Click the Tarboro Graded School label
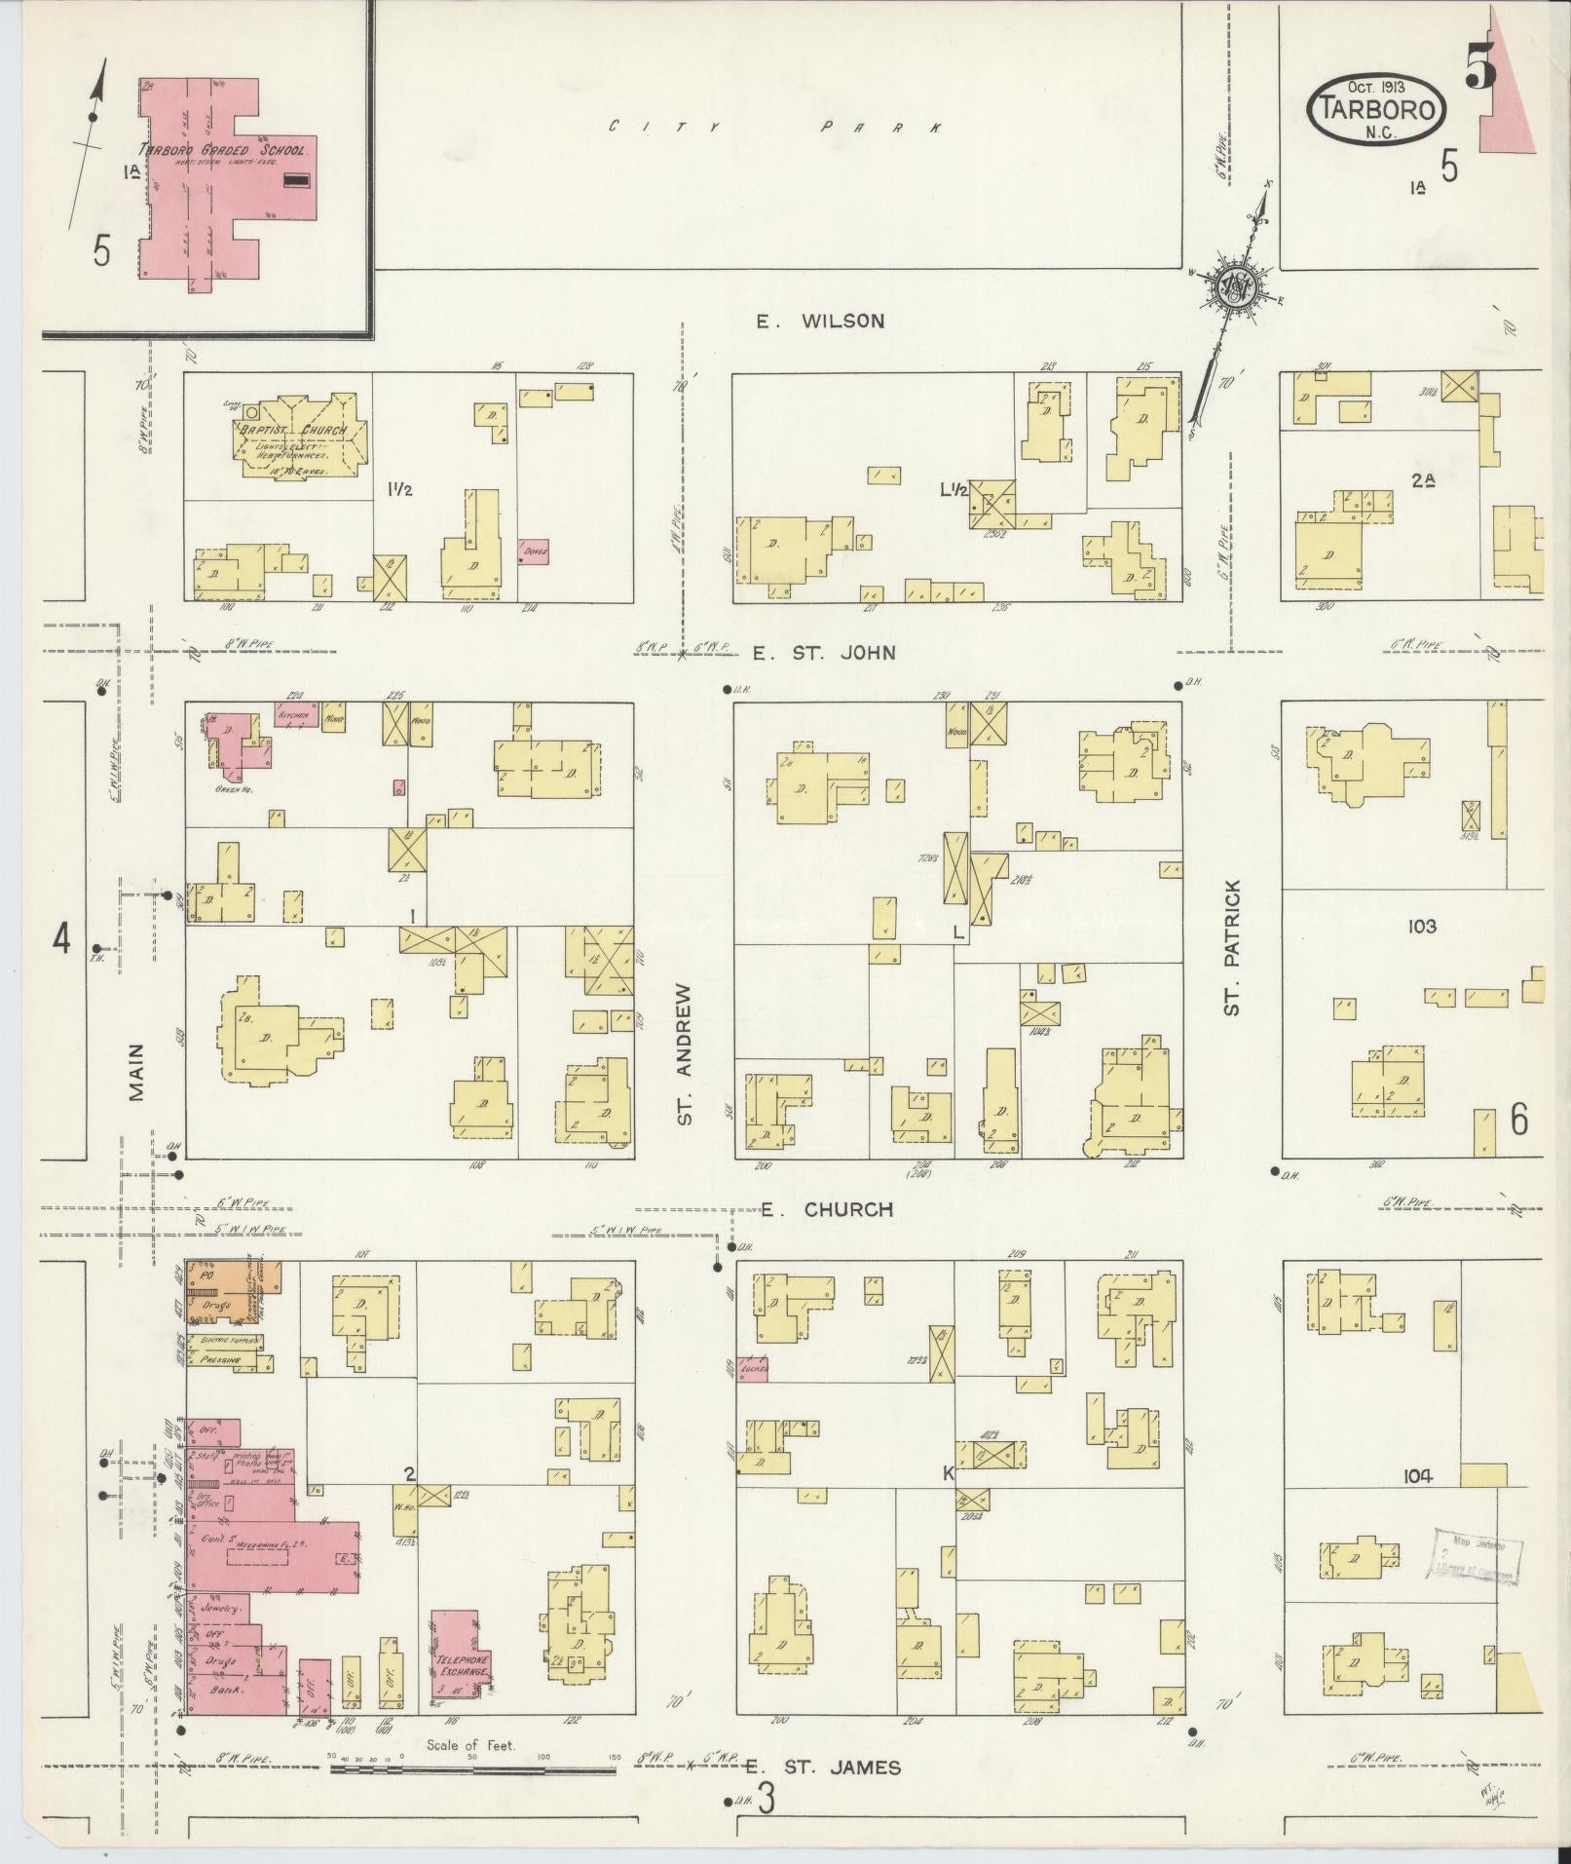point(224,151)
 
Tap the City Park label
point(774,127)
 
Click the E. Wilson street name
point(821,321)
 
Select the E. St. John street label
point(824,653)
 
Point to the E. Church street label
point(827,1210)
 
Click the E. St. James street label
point(823,1768)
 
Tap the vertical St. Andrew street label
point(685,1054)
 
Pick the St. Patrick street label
point(1232,948)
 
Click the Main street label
point(135,1073)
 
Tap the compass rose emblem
point(1234,286)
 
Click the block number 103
point(1421,926)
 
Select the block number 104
point(1418,1503)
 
